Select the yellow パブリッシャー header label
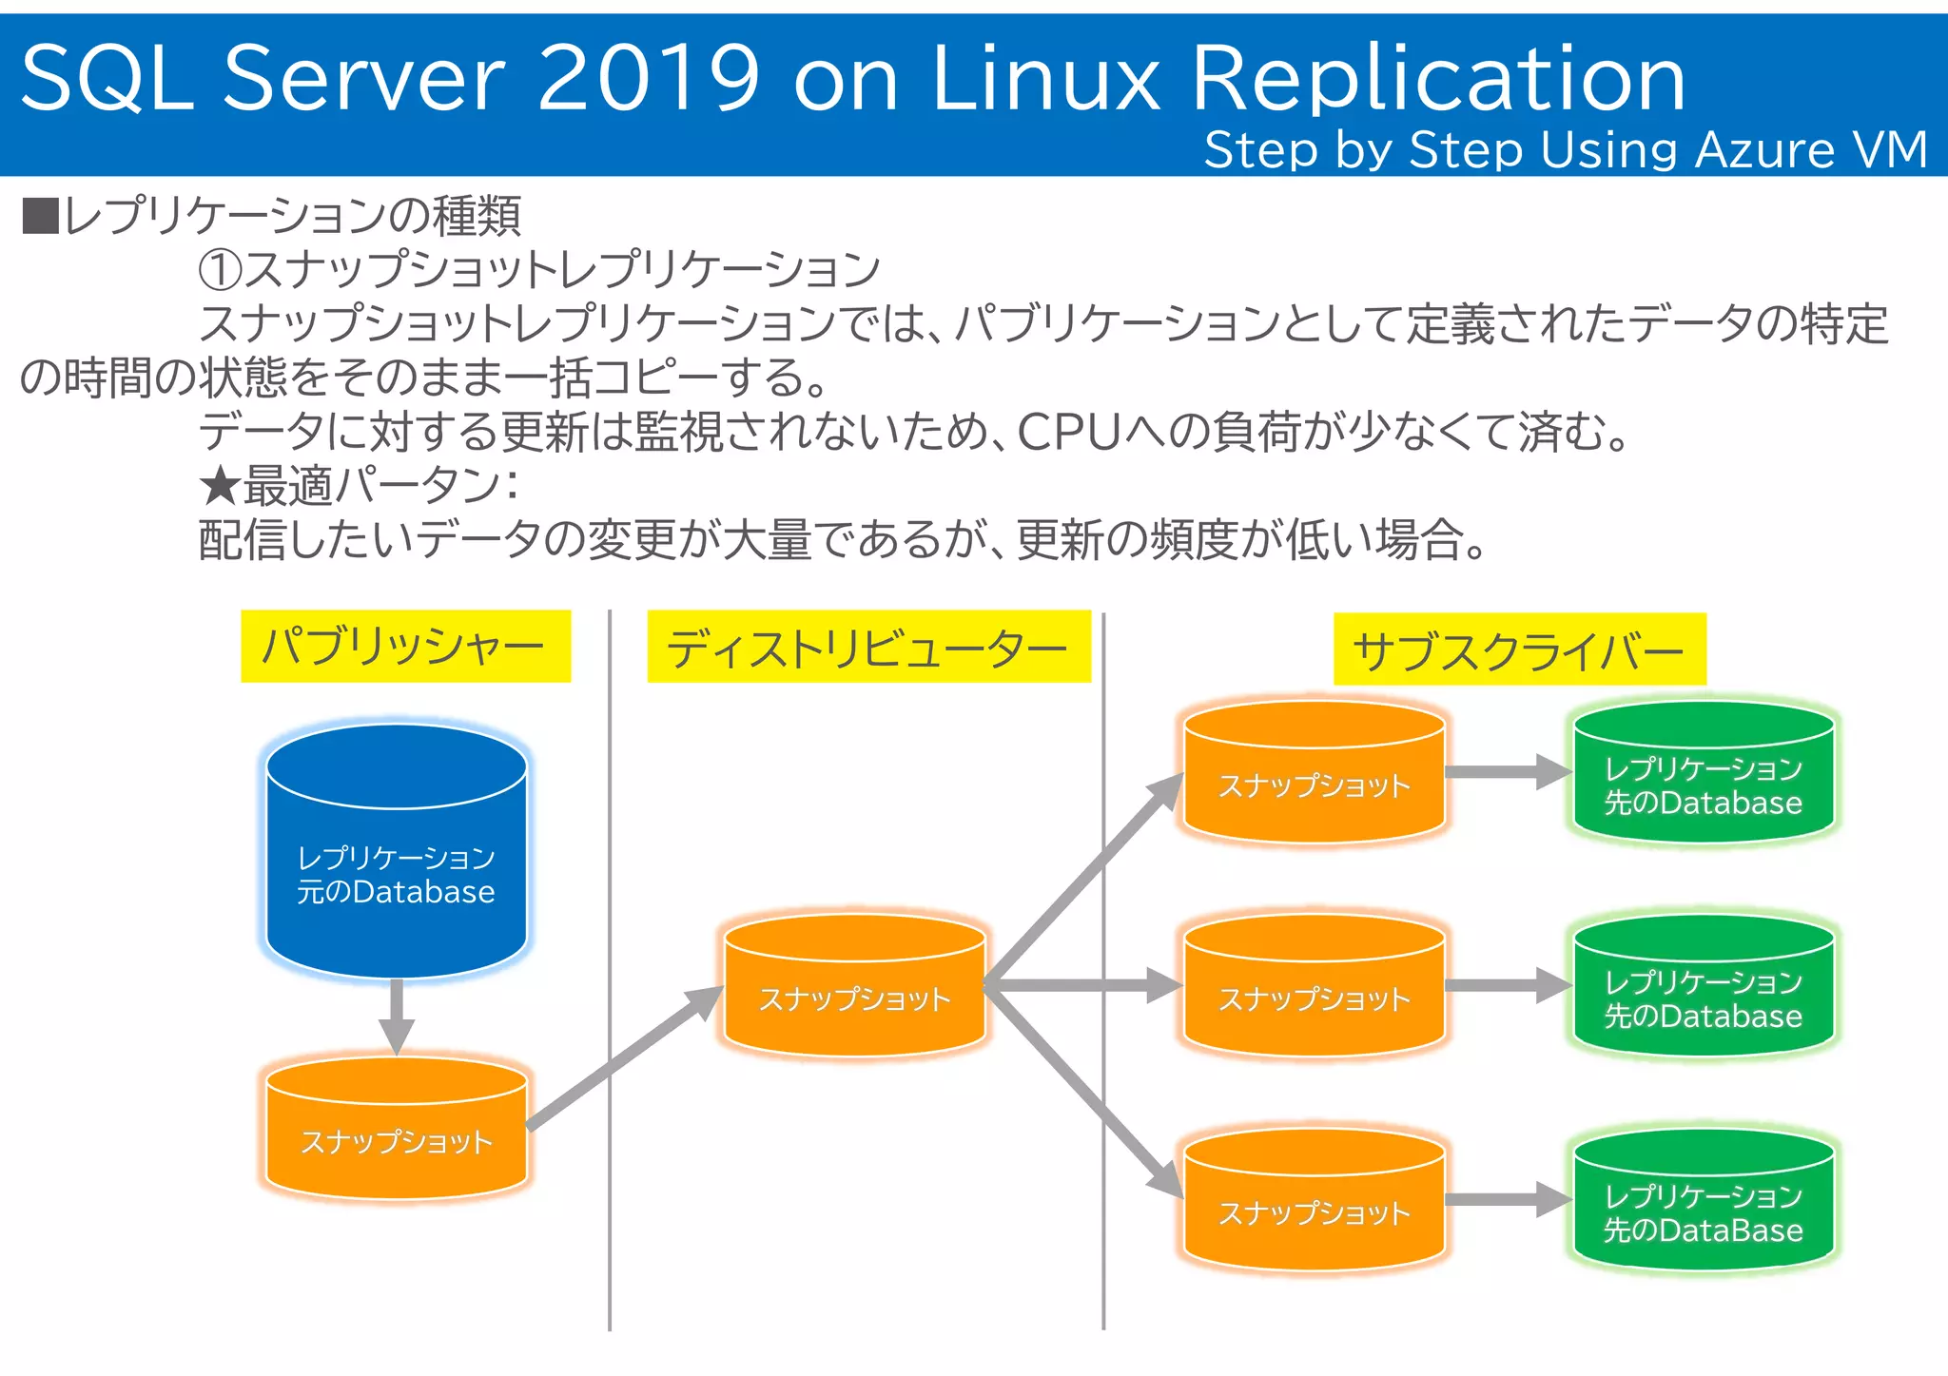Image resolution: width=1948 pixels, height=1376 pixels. pyautogui.click(x=405, y=647)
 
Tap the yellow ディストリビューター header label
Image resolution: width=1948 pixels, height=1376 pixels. pyautogui.click(x=868, y=648)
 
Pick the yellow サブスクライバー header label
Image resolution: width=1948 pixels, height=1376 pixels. pyautogui.click(x=1519, y=650)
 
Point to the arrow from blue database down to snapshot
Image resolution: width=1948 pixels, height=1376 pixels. pyautogui.click(x=396, y=1016)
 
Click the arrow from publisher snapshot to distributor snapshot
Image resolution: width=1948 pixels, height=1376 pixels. pyautogui.click(x=623, y=1057)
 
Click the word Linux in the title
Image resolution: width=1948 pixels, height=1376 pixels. pyautogui.click(x=1045, y=78)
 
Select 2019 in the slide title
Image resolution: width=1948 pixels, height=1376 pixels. pyautogui.click(x=649, y=78)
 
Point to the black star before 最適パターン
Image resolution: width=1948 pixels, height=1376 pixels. pyautogui.click(x=220, y=487)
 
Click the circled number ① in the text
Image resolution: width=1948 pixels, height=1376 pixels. pyautogui.click(x=220, y=270)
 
